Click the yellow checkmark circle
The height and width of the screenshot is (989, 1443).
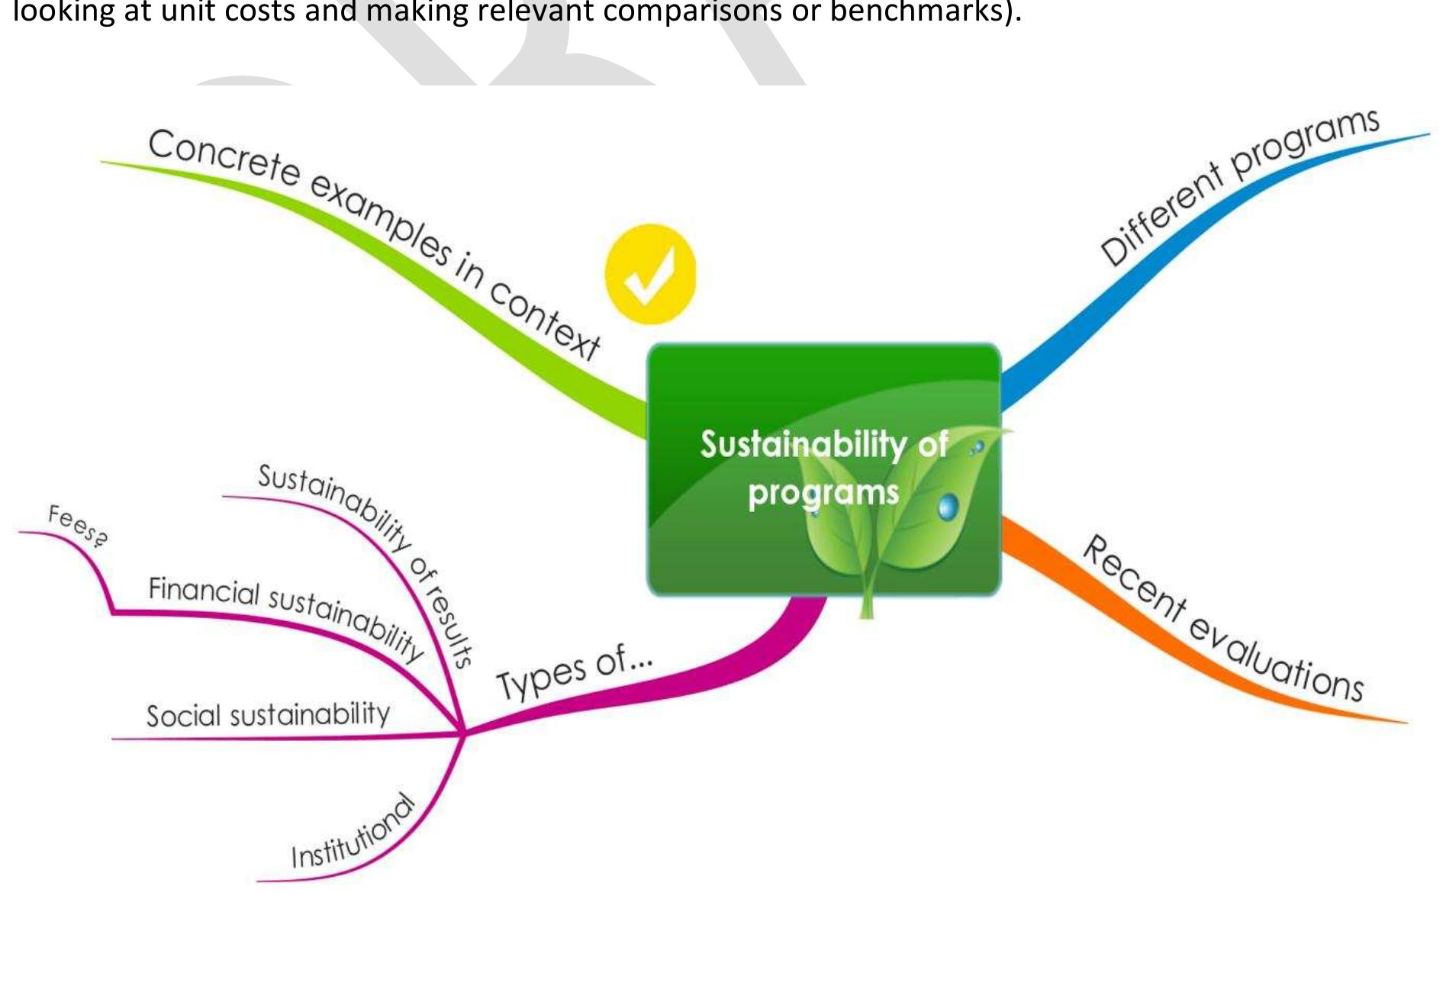pos(650,274)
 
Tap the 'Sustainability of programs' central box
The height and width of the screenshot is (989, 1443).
pos(823,469)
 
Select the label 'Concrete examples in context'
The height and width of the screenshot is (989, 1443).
pos(374,244)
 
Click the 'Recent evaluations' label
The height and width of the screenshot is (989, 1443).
pos(1222,618)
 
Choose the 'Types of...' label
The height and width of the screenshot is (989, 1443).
pos(574,671)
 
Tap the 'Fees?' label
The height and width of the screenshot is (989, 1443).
pos(78,526)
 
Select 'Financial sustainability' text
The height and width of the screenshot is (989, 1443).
pos(286,617)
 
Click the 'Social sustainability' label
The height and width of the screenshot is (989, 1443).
pos(268,714)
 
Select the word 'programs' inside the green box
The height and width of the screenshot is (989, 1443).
pos(823,492)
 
